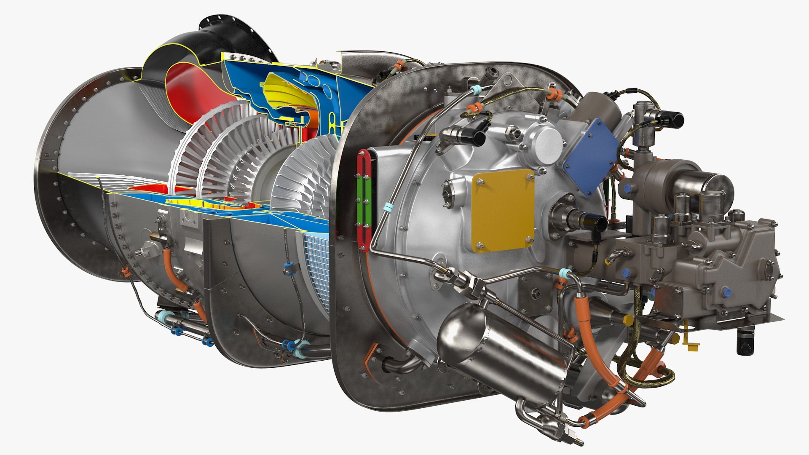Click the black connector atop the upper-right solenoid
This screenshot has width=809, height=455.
click(670, 119)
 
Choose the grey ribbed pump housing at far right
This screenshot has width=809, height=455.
click(742, 270)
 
